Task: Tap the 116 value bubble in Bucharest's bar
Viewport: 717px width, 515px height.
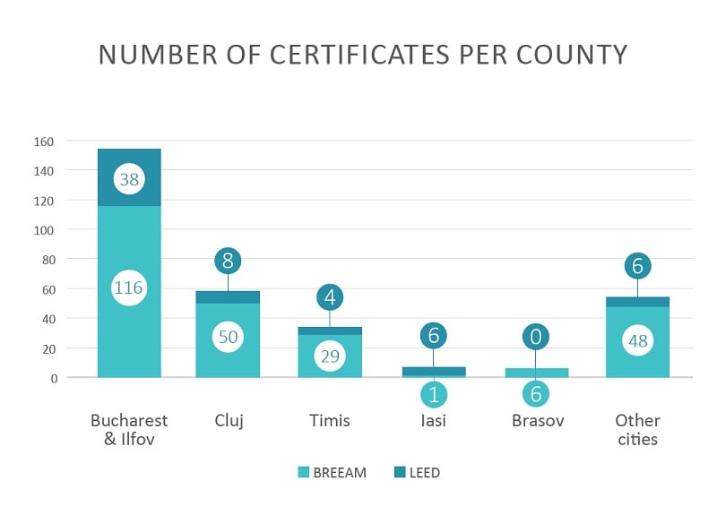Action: (x=129, y=288)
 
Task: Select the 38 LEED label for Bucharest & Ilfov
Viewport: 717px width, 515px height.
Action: (x=129, y=179)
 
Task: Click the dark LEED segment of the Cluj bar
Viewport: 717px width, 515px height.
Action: (x=228, y=297)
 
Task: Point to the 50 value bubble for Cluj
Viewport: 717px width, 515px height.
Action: (x=228, y=337)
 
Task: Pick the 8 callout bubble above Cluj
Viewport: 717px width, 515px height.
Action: (x=228, y=262)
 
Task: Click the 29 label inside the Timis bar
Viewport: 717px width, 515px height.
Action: (x=330, y=356)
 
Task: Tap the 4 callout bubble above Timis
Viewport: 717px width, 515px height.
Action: (x=330, y=296)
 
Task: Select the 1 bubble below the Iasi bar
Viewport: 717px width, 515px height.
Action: (x=433, y=395)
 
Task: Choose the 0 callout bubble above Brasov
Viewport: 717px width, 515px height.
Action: (x=536, y=337)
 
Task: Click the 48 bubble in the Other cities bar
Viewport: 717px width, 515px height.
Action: (x=637, y=341)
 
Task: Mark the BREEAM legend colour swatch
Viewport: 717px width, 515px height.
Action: (x=304, y=472)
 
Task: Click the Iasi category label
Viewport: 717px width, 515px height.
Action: (x=433, y=420)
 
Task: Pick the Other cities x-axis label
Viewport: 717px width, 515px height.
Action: (x=637, y=430)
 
